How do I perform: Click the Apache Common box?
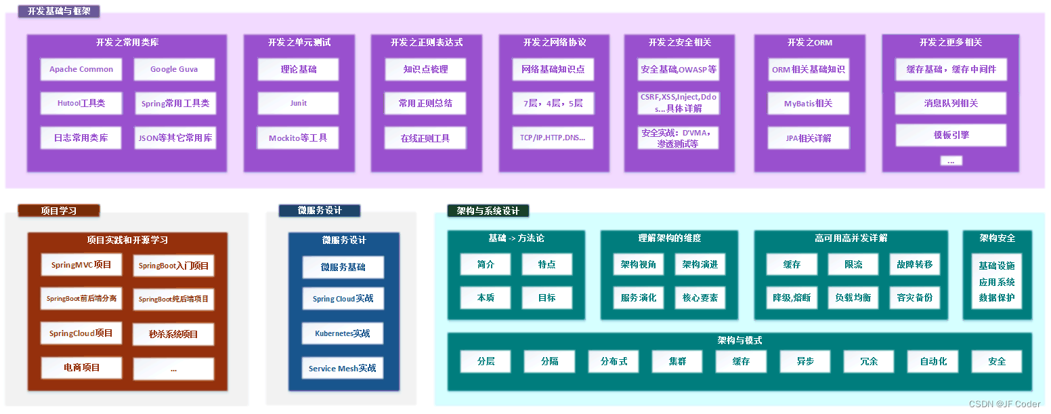pos(81,69)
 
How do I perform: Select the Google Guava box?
pos(174,69)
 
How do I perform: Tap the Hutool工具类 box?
pos(81,104)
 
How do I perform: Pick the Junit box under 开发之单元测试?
pos(298,103)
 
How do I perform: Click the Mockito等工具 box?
pos(298,138)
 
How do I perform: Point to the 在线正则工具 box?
pos(425,138)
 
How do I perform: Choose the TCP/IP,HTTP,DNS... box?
pos(553,138)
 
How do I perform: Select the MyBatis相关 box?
pos(808,104)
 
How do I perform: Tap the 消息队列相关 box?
pos(951,104)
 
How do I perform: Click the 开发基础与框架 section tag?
pos(59,11)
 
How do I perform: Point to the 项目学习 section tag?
pos(59,211)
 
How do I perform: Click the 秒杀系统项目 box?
pos(173,334)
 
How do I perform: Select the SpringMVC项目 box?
pos(81,265)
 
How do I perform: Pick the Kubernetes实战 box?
pos(343,333)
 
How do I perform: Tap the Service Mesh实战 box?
pos(343,368)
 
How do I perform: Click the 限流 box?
pos(853,264)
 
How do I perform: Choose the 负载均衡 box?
pos(853,297)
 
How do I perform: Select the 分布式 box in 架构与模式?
pos(614,361)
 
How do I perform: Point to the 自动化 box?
pos(933,361)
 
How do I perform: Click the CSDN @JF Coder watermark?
pos(1004,404)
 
